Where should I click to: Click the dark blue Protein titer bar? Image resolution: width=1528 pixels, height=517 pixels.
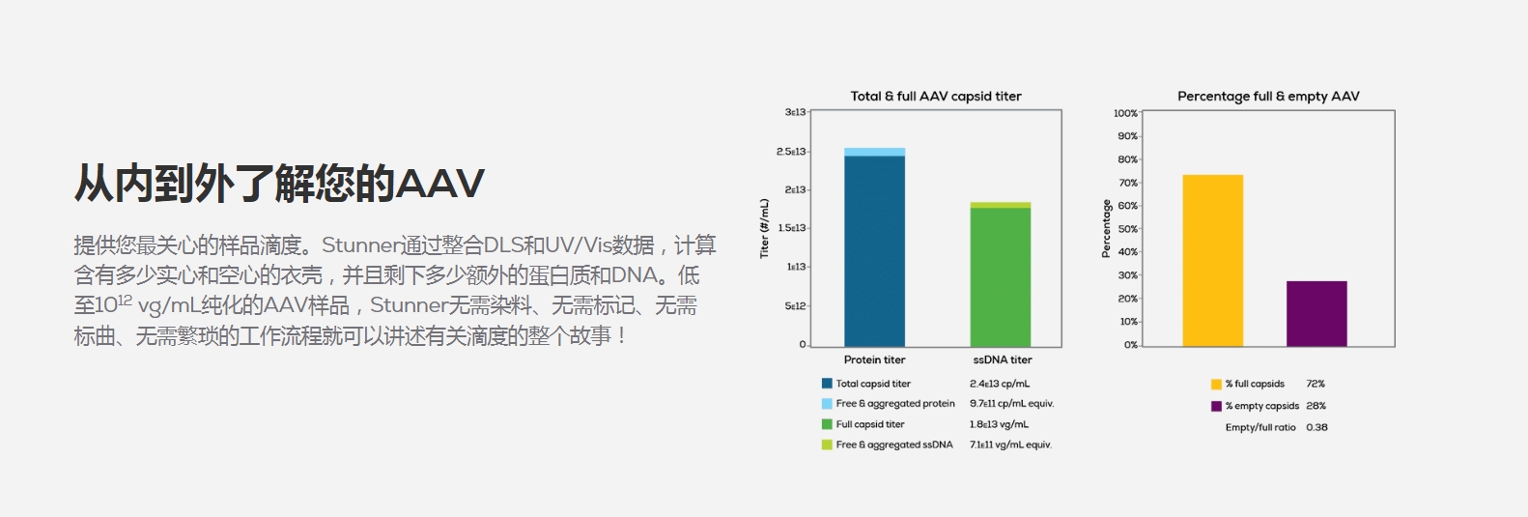coord(874,251)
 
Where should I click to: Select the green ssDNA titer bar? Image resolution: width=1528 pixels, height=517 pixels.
coord(1000,277)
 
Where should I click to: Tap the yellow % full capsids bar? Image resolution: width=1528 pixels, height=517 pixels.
coord(1213,261)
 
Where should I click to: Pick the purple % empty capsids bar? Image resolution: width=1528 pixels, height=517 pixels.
coord(1316,314)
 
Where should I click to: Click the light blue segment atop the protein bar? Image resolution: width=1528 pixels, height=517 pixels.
coord(874,152)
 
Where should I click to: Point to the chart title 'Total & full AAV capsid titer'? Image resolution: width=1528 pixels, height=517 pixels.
coord(936,97)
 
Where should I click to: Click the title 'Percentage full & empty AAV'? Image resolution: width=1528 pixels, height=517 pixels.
coord(1268,97)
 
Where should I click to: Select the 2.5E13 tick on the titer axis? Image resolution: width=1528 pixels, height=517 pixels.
coord(791,152)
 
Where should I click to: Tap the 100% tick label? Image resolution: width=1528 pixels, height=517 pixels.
coord(1125,113)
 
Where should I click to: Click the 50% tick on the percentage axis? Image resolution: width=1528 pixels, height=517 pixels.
coord(1127,228)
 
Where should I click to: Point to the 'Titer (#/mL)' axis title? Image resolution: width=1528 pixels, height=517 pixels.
coord(764,228)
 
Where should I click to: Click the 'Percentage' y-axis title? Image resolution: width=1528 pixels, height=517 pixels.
coord(1106,228)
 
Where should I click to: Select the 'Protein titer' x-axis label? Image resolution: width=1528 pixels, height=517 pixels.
coord(874,359)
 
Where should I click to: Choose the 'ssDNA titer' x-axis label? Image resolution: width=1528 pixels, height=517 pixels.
coord(1002,359)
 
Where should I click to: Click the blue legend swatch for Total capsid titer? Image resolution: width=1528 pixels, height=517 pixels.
coord(827,384)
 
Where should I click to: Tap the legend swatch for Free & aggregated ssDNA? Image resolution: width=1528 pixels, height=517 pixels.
coord(827,445)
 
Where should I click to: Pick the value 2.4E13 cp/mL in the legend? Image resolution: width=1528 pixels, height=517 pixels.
coord(1000,384)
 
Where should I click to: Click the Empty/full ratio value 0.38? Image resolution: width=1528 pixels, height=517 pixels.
coord(1316,428)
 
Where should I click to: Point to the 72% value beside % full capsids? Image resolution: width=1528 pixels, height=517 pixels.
coord(1316,384)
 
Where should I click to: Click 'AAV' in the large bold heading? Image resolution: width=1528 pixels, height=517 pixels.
coord(440,184)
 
